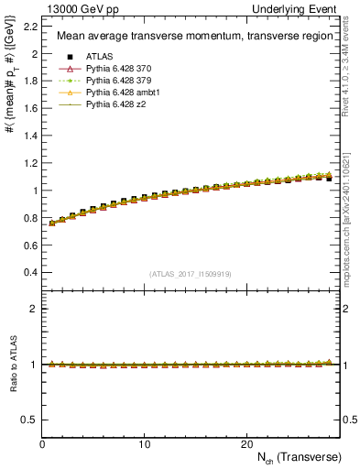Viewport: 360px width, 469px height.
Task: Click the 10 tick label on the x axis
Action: (x=145, y=443)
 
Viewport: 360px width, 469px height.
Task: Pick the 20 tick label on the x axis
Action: (x=246, y=443)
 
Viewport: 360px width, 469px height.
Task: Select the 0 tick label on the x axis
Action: (x=43, y=443)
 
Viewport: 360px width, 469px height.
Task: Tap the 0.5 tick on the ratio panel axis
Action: (x=30, y=420)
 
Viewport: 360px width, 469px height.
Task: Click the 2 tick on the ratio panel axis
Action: (x=34, y=309)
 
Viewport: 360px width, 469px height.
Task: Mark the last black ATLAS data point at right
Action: (x=329, y=179)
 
